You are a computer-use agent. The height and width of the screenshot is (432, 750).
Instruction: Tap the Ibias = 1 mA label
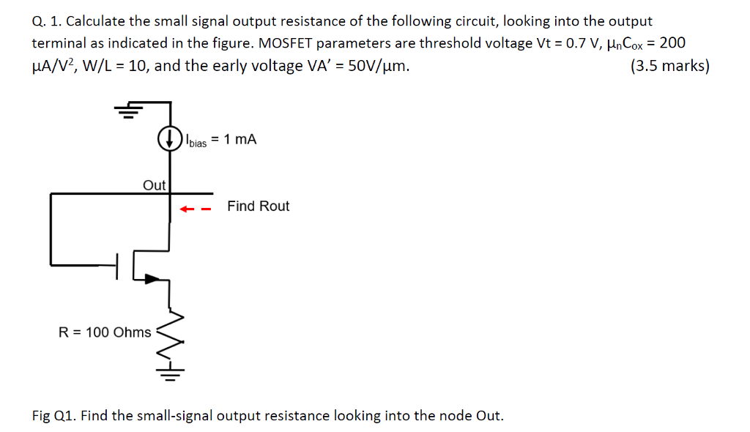coord(221,139)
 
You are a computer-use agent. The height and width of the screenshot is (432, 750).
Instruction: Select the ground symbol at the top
coord(130,111)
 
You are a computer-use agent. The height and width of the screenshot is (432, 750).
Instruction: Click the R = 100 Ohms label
coord(105,332)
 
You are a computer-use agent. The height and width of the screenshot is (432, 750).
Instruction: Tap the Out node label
coord(154,185)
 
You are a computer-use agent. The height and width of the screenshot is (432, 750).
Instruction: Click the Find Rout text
coord(258,206)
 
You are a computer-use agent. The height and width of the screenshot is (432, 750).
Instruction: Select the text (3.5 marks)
coord(669,66)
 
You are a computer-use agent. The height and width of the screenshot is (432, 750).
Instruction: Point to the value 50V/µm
coord(374,66)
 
